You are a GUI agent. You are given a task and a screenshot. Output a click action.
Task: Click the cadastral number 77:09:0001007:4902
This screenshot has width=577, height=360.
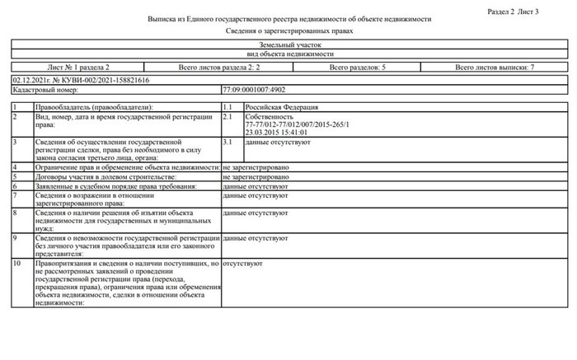(x=254, y=88)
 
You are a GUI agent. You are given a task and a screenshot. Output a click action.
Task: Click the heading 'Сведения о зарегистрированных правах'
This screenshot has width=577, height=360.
(x=288, y=30)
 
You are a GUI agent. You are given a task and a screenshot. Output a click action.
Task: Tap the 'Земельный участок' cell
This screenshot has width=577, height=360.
(x=288, y=47)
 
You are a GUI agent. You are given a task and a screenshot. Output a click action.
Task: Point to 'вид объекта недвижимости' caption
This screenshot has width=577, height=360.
(x=288, y=54)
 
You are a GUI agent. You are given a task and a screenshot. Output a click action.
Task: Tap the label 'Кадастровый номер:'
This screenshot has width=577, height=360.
(x=39, y=88)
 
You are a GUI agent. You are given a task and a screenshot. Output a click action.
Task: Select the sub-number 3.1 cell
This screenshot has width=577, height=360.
(x=229, y=143)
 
